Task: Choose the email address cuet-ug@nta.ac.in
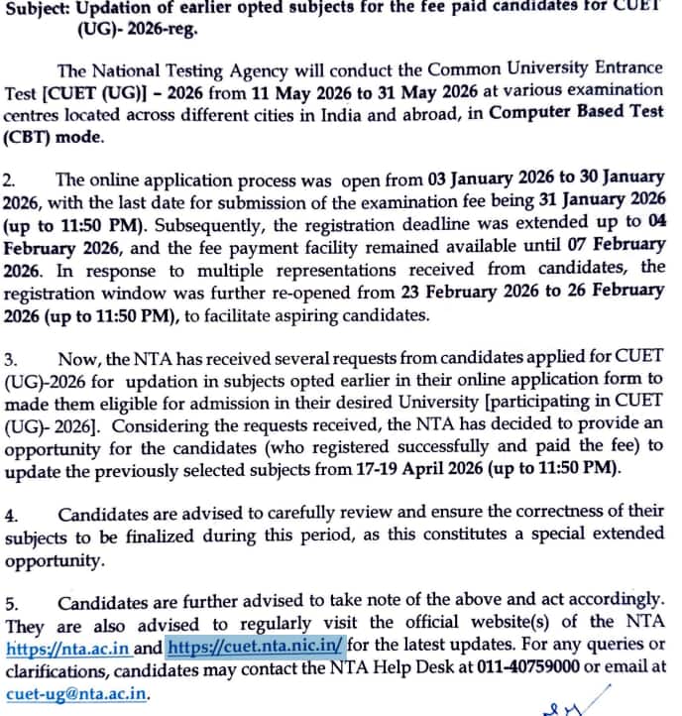pos(76,692)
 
